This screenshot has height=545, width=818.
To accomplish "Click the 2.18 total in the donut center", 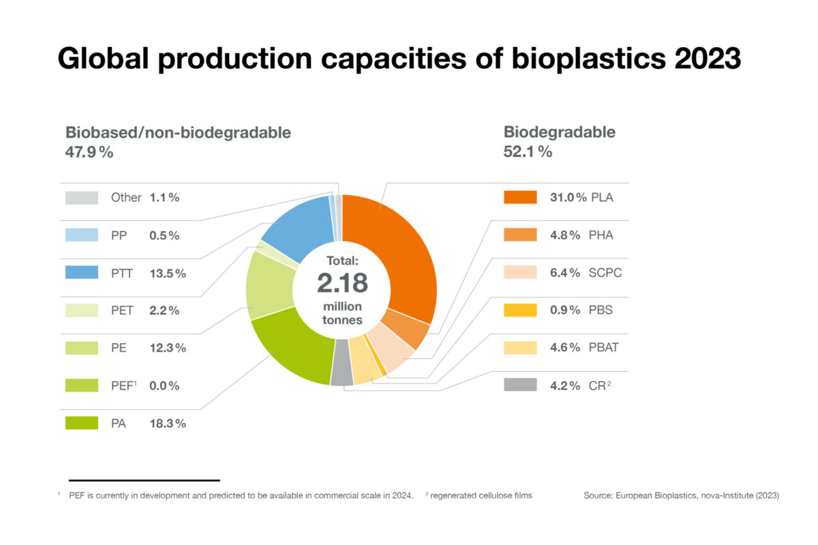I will click(x=341, y=282).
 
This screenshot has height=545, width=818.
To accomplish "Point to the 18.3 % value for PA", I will click(x=168, y=424).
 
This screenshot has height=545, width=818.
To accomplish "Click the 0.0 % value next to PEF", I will click(x=164, y=386).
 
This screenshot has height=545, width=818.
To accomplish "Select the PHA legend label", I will click(x=602, y=235).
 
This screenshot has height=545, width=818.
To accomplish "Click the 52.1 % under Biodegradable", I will click(x=528, y=151).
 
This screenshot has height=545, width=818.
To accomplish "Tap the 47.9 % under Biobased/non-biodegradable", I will click(x=89, y=151).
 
